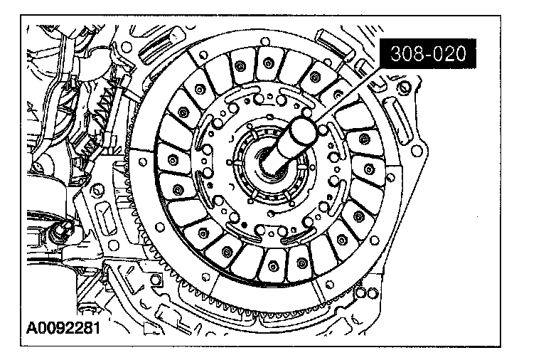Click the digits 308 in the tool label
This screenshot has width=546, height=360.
404,54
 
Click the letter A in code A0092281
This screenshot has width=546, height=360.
32,328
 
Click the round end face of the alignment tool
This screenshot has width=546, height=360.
303,131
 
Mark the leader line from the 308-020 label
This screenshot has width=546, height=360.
349,94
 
